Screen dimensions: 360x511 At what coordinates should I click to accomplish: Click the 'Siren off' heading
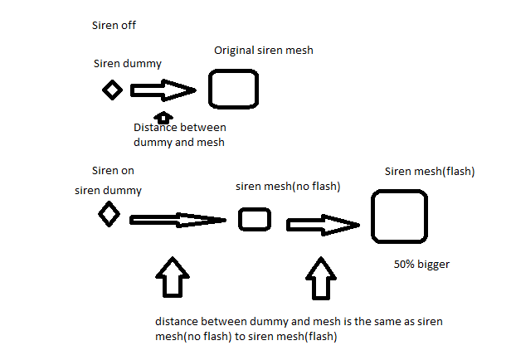[x=114, y=25]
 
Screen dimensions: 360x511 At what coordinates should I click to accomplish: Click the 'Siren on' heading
[x=113, y=172]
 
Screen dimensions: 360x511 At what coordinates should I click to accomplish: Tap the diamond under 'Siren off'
[x=111, y=90]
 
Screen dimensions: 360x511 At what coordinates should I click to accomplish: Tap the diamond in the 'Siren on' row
[x=109, y=216]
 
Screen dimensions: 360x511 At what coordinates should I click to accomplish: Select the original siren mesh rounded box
[x=233, y=89]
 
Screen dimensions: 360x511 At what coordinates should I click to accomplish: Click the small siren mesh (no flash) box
[x=255, y=219]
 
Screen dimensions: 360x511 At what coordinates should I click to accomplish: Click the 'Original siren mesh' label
[x=263, y=51]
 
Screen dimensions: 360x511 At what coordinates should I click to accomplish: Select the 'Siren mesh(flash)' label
[x=429, y=172]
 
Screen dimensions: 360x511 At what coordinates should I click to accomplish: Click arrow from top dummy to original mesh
[x=163, y=90]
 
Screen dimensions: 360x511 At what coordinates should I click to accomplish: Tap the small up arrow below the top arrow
[x=163, y=117]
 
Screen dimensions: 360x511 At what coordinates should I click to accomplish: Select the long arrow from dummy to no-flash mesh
[x=178, y=220]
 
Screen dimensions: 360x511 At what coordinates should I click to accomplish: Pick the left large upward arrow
[x=172, y=277]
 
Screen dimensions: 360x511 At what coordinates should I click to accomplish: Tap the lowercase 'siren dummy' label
[x=108, y=190]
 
